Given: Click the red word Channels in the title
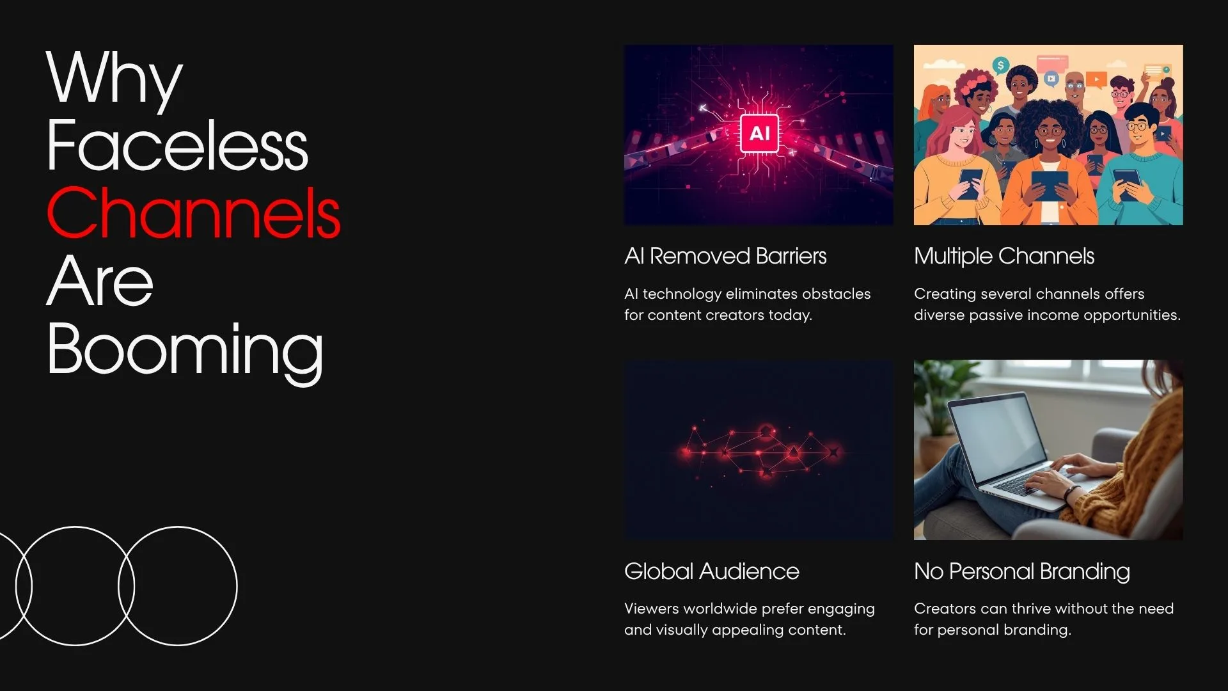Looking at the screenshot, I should click(193, 213).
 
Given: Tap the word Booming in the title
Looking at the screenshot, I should click(185, 350).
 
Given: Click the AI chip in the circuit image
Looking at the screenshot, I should click(759, 134).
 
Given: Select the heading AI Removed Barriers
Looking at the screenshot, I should click(725, 256).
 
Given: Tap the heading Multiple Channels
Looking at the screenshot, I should click(1004, 256).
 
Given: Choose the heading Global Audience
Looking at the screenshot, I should click(711, 571).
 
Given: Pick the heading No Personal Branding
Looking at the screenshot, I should click(1021, 571).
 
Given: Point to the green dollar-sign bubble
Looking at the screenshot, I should click(1001, 65).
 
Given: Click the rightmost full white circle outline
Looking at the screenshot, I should click(178, 585).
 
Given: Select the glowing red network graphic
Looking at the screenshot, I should click(759, 451).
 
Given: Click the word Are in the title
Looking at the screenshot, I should click(100, 282).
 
